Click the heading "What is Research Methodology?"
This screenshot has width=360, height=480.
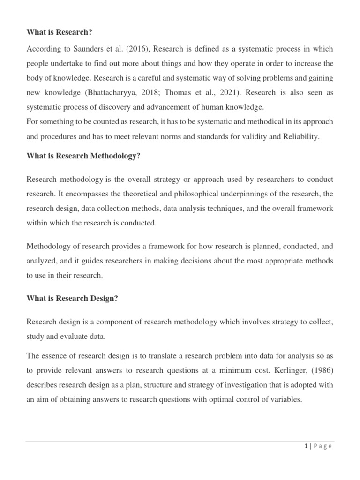(83, 156)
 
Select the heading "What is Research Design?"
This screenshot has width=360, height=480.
(72, 299)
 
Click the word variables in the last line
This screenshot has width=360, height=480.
(286, 400)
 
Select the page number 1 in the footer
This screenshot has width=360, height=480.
(306, 446)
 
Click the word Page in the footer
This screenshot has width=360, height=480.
(322, 446)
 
